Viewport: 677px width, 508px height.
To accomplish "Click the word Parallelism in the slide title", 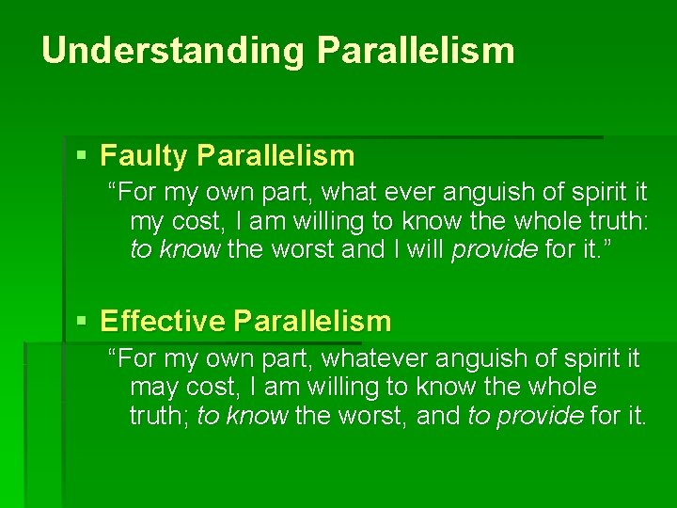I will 416,50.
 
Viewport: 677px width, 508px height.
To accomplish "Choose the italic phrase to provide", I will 526,416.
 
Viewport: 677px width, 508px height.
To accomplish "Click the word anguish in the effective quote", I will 480,359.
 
